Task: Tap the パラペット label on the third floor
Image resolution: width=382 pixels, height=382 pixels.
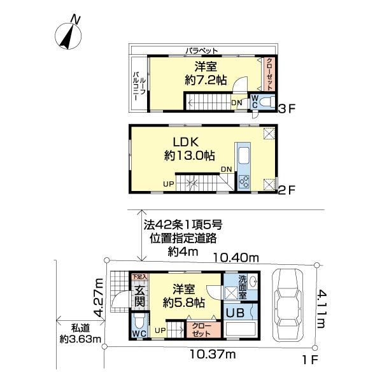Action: point(202,50)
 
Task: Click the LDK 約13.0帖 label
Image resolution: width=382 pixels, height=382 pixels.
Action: point(189,148)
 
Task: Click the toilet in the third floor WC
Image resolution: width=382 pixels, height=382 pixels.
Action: point(266,103)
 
